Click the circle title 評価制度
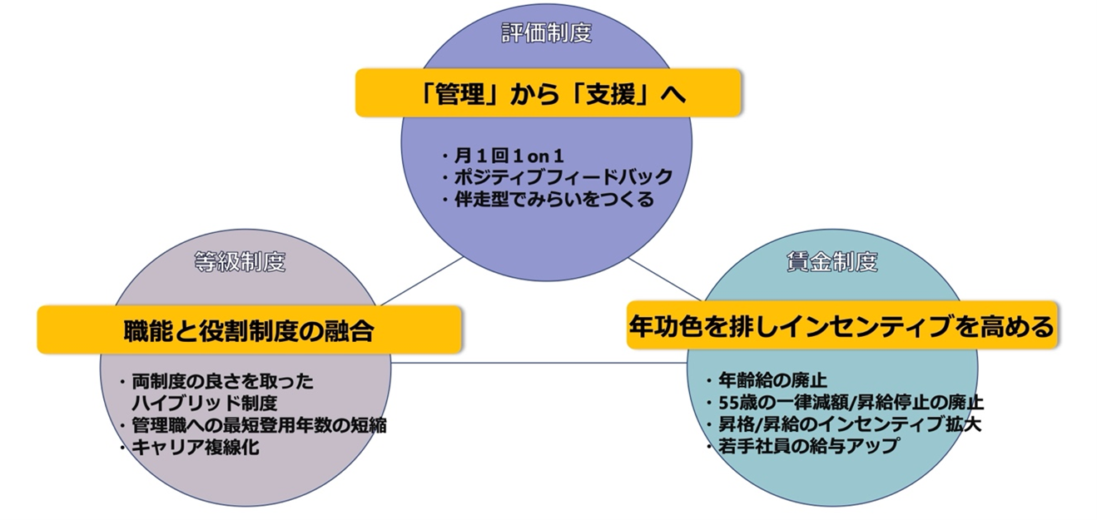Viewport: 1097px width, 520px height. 547,33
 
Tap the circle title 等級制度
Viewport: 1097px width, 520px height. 240,261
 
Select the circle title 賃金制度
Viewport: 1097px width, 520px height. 831,261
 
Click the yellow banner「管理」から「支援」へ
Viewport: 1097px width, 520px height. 548,92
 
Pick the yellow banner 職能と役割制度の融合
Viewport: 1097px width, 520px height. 249,329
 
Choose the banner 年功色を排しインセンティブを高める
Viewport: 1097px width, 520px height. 841,325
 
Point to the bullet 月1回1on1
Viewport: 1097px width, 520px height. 503,156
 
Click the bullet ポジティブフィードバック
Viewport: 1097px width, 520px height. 558,176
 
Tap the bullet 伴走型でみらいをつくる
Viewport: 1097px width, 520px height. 548,199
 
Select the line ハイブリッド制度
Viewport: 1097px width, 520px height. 205,403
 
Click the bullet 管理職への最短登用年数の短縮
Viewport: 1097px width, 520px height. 253,425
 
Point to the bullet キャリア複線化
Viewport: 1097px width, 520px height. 190,447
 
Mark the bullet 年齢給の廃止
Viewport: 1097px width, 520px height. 767,380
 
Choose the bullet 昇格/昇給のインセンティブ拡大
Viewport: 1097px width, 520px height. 844,424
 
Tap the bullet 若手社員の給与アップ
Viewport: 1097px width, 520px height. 803,446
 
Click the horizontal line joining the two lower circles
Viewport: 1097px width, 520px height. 539,363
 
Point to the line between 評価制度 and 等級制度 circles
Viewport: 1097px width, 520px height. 422,281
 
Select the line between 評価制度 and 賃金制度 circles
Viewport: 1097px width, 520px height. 665,279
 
